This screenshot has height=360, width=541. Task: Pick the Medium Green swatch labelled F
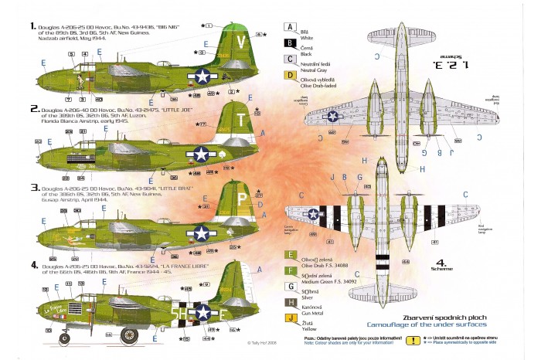pos(289,270)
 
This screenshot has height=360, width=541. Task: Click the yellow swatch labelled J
pos(289,319)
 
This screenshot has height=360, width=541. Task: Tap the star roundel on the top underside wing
pos(333,116)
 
